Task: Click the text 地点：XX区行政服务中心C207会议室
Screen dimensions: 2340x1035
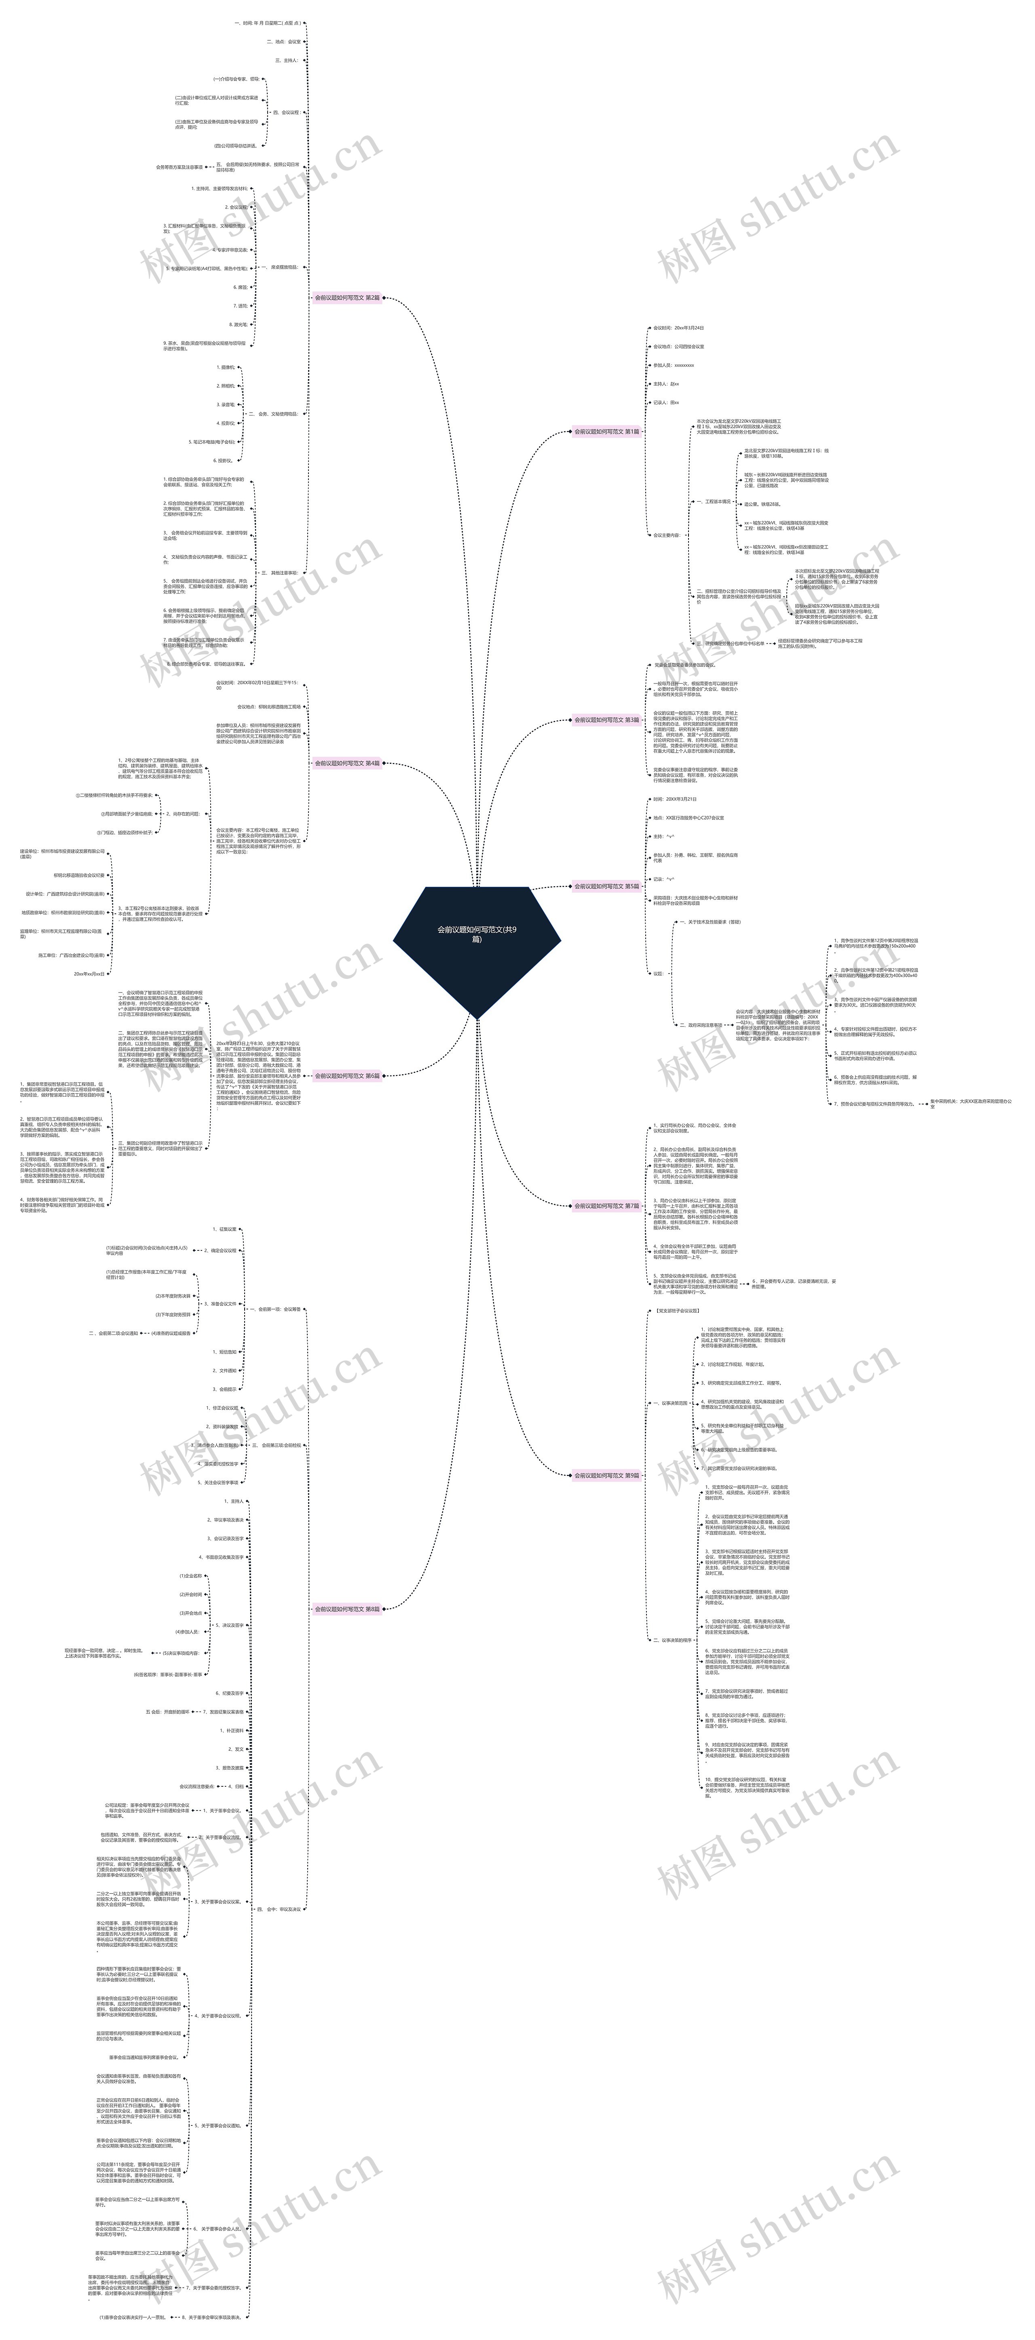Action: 688,818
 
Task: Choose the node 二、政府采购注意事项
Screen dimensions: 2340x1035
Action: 701,1025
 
